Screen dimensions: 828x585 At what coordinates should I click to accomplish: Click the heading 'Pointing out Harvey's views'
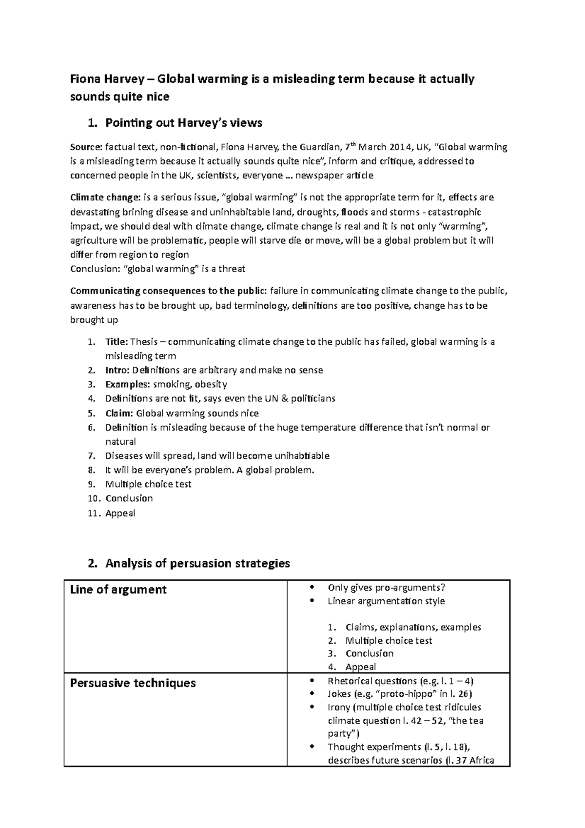pos(183,123)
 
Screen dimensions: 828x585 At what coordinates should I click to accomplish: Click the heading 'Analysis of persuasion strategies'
pos(197,564)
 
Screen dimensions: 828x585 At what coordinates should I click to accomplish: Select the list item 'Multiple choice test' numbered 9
pos(148,484)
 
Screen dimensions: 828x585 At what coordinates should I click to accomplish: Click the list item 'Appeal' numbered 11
pos(120,513)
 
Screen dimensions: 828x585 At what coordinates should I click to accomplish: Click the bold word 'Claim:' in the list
pos(119,414)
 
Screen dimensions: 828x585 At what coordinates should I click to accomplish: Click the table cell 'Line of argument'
pos(118,590)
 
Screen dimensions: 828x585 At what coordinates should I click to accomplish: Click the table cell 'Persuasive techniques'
pos(133,683)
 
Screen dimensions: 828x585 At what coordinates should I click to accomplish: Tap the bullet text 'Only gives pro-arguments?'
pos(387,588)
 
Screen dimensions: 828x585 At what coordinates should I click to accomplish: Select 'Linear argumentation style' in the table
pos(386,601)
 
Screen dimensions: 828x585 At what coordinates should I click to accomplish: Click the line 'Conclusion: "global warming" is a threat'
pos(157,269)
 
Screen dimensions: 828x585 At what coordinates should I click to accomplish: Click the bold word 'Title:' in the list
pos(117,342)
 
